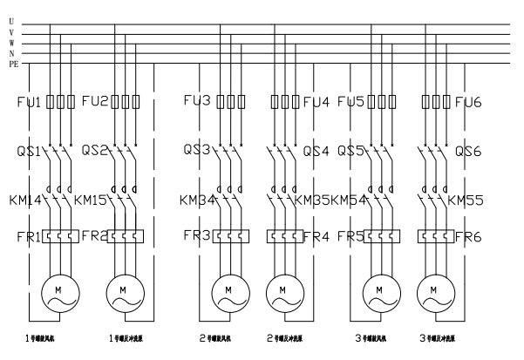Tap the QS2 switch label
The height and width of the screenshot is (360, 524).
pyautogui.click(x=96, y=150)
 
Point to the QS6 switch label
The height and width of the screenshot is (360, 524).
pyautogui.click(x=472, y=150)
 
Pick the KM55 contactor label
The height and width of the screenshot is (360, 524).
pyautogui.click(x=466, y=200)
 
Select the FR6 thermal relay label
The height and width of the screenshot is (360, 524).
pyautogui.click(x=473, y=236)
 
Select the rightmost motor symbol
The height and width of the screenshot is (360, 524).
pyautogui.click(x=433, y=289)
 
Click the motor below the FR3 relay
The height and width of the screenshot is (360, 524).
pyautogui.click(x=228, y=289)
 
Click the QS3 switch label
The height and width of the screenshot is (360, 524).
pyautogui.click(x=198, y=150)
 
